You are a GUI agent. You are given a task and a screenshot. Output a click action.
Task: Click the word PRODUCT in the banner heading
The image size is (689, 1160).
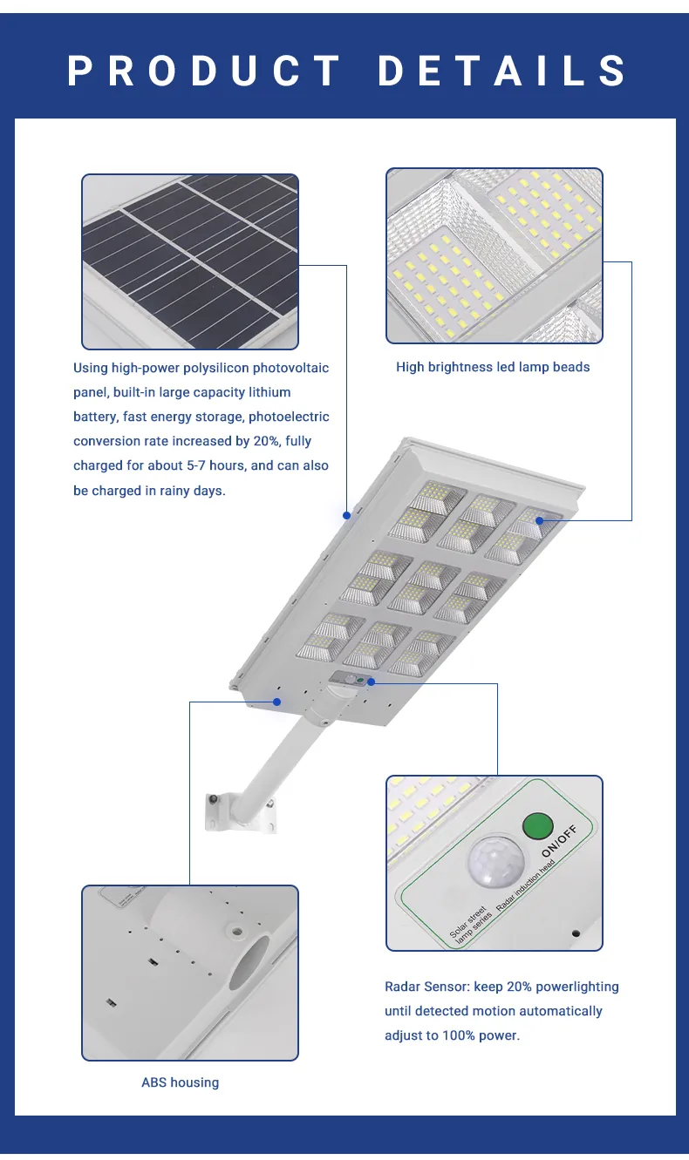[x=203, y=70]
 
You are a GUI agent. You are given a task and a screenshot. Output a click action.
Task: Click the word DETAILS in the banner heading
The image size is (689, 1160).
[x=502, y=70]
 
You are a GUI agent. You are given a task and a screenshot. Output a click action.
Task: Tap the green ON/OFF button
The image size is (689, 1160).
[x=538, y=825]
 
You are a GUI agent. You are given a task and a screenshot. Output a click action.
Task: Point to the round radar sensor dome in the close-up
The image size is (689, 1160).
[x=495, y=862]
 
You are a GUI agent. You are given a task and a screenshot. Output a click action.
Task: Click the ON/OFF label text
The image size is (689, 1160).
[x=559, y=842]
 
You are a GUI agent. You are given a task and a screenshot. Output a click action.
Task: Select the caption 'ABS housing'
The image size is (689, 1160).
[x=181, y=1082]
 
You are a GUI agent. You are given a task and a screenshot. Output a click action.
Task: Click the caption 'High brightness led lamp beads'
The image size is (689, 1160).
[x=493, y=367]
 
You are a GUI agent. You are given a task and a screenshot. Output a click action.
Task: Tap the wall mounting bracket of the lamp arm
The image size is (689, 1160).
[x=241, y=813]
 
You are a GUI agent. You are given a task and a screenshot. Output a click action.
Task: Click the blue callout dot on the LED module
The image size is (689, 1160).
[x=539, y=520]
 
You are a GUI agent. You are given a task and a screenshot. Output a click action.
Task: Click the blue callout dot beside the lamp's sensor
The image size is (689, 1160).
[x=371, y=682]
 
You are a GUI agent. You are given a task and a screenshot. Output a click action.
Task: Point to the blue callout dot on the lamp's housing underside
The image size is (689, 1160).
[x=277, y=702]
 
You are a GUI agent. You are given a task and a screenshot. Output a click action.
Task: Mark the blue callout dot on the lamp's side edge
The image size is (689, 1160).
[x=346, y=515]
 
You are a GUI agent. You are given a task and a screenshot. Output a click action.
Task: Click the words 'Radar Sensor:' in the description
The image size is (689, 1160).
[x=427, y=987]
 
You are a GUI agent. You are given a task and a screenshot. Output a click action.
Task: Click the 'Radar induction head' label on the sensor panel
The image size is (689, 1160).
[x=525, y=885]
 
